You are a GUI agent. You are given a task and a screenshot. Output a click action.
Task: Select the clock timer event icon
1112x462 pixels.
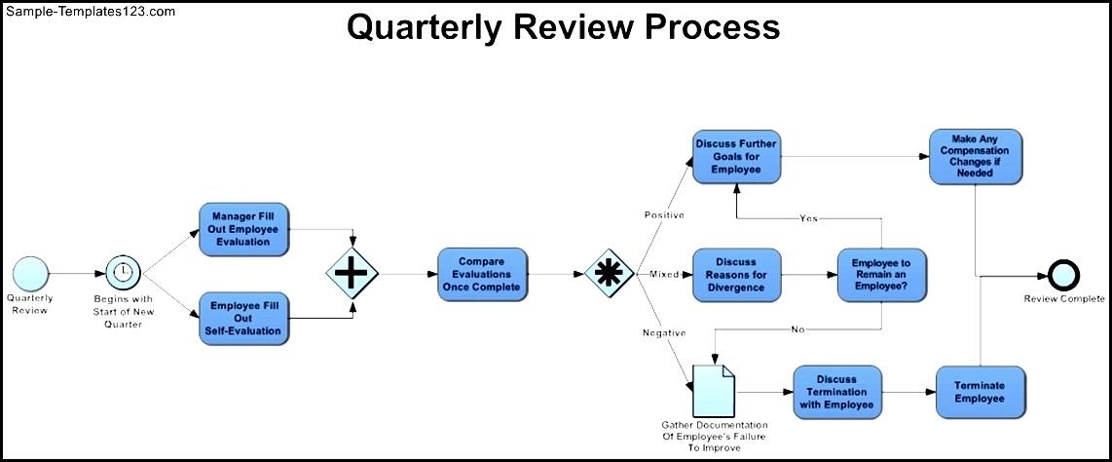click(123, 272)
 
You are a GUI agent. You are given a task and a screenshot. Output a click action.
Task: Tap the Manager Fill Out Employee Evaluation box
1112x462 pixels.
click(244, 229)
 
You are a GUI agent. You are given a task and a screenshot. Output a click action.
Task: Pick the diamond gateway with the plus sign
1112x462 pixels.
click(351, 274)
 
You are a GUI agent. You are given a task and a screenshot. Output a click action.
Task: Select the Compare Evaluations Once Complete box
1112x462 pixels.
click(482, 274)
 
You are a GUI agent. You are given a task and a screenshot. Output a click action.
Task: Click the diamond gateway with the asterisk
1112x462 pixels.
click(610, 274)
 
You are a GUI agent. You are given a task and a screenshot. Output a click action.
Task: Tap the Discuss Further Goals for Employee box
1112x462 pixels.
click(736, 156)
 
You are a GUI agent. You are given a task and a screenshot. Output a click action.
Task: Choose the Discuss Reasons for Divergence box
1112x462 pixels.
click(736, 275)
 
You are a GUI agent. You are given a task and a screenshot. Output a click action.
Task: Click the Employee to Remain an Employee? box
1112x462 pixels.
click(881, 275)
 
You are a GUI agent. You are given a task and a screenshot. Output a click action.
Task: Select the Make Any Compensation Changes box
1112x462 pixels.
click(974, 156)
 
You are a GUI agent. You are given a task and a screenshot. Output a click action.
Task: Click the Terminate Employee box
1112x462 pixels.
click(980, 393)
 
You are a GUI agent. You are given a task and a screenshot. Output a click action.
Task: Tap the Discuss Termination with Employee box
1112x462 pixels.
click(837, 393)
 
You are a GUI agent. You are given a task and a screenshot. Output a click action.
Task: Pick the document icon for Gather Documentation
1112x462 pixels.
click(714, 390)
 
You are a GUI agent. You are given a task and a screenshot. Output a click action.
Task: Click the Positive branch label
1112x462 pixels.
click(664, 214)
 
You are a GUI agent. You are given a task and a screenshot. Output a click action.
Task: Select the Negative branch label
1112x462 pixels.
click(664, 333)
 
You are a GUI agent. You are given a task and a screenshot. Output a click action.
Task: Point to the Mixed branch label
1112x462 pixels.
click(664, 275)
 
